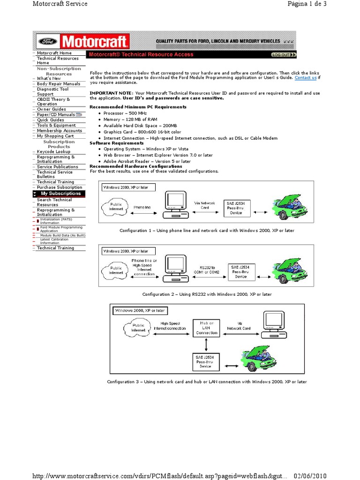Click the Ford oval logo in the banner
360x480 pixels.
coord(46,41)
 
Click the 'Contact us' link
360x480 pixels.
coord(306,78)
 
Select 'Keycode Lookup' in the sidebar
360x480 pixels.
coord(53,152)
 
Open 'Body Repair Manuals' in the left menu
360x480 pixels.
coord(58,84)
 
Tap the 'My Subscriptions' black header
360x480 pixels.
coord(60,194)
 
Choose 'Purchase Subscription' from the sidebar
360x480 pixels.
coord(59,187)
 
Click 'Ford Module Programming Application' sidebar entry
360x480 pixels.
coord(61,229)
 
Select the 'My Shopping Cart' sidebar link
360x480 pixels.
coord(55,136)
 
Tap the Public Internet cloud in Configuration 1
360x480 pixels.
coord(116,207)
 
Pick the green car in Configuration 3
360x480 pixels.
coord(259,359)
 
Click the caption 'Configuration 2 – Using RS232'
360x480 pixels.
coord(207,294)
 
